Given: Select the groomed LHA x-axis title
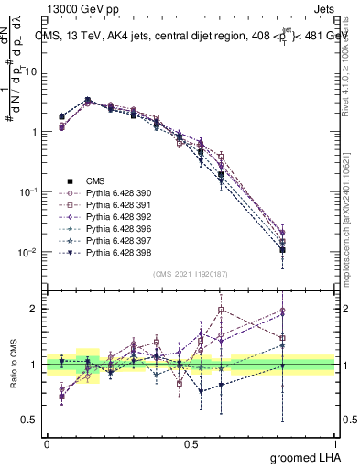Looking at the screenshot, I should tap(303, 458).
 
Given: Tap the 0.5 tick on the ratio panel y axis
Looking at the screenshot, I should tap(33, 420).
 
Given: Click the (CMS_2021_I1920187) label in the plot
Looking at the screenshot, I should tap(190, 273).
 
